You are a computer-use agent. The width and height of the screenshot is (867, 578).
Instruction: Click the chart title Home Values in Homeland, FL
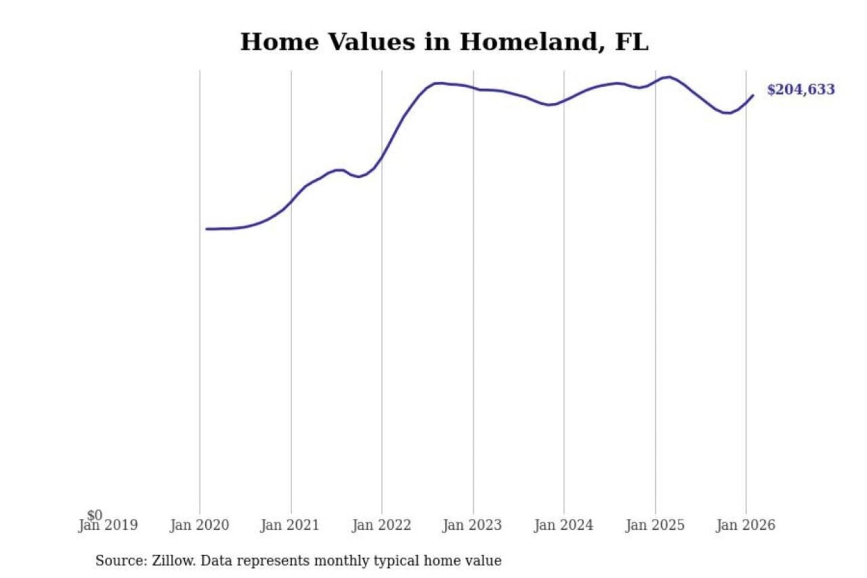pyautogui.click(x=444, y=42)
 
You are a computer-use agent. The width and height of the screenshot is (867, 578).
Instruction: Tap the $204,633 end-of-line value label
pyautogui.click(x=801, y=90)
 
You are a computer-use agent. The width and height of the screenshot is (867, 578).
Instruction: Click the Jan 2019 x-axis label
pyautogui.click(x=108, y=526)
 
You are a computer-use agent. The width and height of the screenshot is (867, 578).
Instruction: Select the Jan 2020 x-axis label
pyautogui.click(x=199, y=526)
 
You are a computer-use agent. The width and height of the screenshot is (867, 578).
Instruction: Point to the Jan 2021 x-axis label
pyautogui.click(x=290, y=526)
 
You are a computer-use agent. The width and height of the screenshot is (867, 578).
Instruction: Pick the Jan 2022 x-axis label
pyautogui.click(x=381, y=526)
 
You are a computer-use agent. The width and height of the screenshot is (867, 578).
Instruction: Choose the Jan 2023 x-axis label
pyautogui.click(x=472, y=526)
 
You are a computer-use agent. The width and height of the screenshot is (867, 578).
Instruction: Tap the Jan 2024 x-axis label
pyautogui.click(x=564, y=526)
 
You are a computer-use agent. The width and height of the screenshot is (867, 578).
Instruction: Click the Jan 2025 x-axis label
pyautogui.click(x=655, y=526)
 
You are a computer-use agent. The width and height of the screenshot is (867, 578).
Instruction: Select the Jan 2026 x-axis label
pyautogui.click(x=745, y=526)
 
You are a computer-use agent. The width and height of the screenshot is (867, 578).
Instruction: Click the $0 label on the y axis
pyautogui.click(x=95, y=515)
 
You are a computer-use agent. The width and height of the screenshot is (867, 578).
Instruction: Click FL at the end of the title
pyautogui.click(x=632, y=42)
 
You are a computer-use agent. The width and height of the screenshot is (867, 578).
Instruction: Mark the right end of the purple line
pyautogui.click(x=753, y=95)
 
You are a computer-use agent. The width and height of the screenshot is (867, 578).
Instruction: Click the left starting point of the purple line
pyautogui.click(x=207, y=229)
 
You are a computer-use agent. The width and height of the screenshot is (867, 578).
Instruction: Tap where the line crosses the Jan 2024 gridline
pyautogui.click(x=564, y=101)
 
